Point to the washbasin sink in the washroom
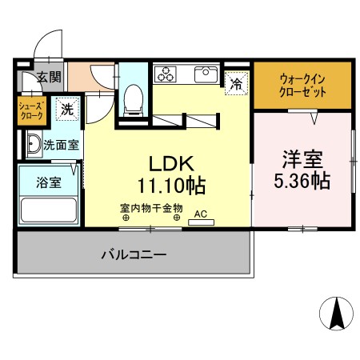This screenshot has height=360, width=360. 32,145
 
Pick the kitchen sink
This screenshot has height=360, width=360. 204,74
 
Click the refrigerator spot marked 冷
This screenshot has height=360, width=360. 236,82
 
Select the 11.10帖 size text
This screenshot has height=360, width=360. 170,186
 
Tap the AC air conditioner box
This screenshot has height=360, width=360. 200,216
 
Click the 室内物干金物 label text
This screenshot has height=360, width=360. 151,208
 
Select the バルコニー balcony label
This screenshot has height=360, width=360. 133,255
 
